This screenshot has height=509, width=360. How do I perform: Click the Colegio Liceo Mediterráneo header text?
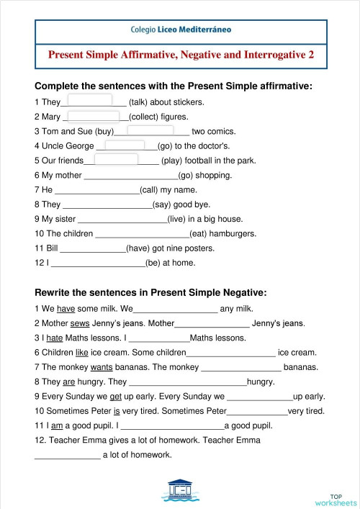click(181, 31)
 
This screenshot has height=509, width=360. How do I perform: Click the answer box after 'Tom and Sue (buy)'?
click(150, 130)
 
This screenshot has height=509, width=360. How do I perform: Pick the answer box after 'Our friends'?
click(116, 160)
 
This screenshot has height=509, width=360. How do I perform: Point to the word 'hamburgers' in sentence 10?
click(235, 233)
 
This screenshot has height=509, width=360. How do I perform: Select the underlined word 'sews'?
click(81, 323)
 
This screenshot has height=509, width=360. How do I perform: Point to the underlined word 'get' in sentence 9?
click(112, 396)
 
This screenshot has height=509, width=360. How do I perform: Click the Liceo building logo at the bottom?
click(180, 490)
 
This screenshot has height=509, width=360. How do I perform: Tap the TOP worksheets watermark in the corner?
click(335, 500)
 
